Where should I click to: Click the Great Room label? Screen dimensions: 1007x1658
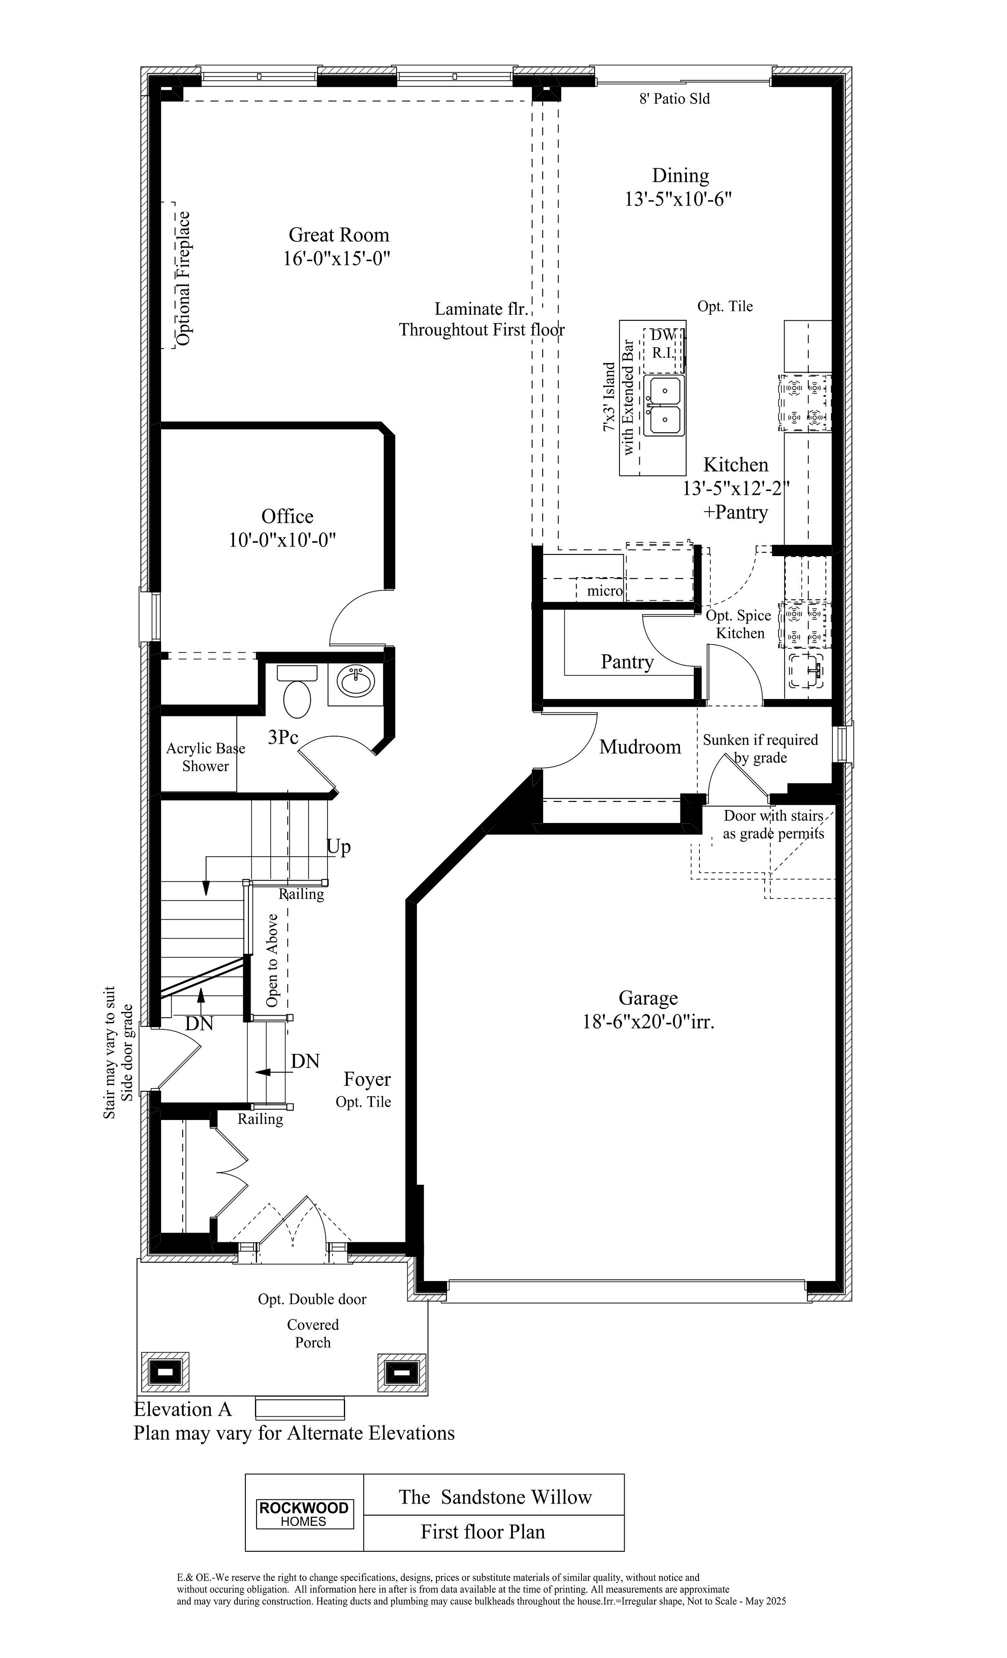(339, 235)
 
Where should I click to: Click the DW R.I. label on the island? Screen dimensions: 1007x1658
(663, 343)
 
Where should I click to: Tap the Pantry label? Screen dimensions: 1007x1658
(627, 662)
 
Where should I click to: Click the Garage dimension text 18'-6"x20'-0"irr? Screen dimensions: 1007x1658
(648, 1022)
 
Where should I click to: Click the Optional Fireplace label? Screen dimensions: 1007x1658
(183, 278)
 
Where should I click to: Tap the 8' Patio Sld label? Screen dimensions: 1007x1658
(674, 99)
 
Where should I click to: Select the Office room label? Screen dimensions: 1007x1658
(287, 516)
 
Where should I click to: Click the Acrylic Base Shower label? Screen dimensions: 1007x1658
(205, 757)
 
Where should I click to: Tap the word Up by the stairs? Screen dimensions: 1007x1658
(339, 847)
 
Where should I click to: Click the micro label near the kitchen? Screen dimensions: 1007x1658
(604, 591)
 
